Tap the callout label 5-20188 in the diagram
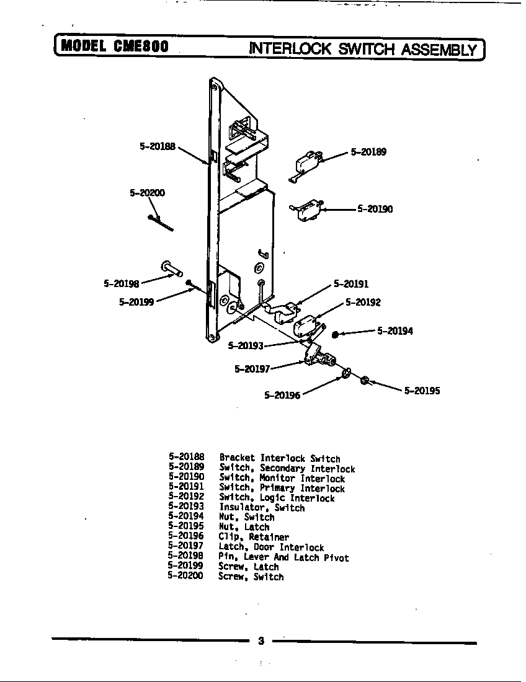(x=157, y=147)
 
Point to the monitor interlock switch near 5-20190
(x=305, y=211)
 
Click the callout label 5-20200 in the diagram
(x=147, y=193)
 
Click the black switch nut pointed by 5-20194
(x=335, y=334)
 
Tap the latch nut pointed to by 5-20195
(x=365, y=379)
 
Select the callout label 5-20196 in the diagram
(x=282, y=395)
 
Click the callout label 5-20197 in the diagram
(x=252, y=369)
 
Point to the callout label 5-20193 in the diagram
(x=246, y=345)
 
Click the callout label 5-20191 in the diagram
(x=351, y=284)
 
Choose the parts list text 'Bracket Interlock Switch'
(x=279, y=459)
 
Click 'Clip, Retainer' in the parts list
(x=253, y=537)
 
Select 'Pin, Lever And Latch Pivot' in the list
(x=283, y=557)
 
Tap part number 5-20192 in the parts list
(x=186, y=497)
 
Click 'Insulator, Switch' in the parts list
(x=261, y=508)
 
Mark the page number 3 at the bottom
(x=261, y=641)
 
